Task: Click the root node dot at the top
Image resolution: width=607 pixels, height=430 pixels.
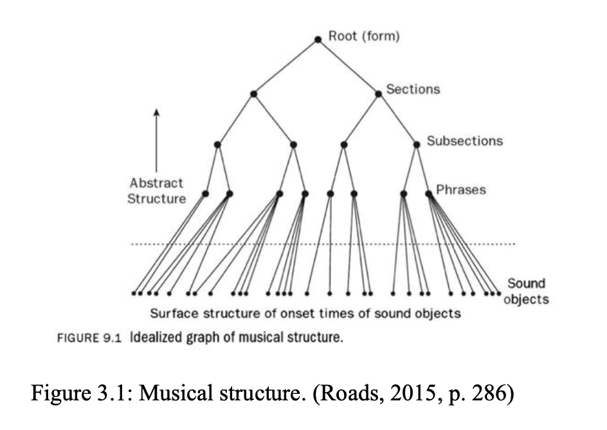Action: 318,39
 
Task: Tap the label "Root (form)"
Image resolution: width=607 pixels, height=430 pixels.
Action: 364,36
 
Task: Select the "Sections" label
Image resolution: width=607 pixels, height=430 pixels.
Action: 413,89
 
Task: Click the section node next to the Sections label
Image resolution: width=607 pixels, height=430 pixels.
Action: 379,93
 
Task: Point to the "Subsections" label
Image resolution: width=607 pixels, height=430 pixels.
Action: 464,140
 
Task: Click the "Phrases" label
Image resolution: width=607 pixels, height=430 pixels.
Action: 461,190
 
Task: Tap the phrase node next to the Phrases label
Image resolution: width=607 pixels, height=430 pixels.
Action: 428,193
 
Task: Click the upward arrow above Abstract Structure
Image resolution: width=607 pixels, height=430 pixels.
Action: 156,142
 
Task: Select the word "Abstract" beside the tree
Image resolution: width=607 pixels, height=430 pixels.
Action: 156,183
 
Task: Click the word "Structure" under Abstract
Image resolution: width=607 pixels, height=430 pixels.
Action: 156,198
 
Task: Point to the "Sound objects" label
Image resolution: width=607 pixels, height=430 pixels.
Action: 526,292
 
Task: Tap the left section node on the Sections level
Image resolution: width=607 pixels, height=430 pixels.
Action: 254,94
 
